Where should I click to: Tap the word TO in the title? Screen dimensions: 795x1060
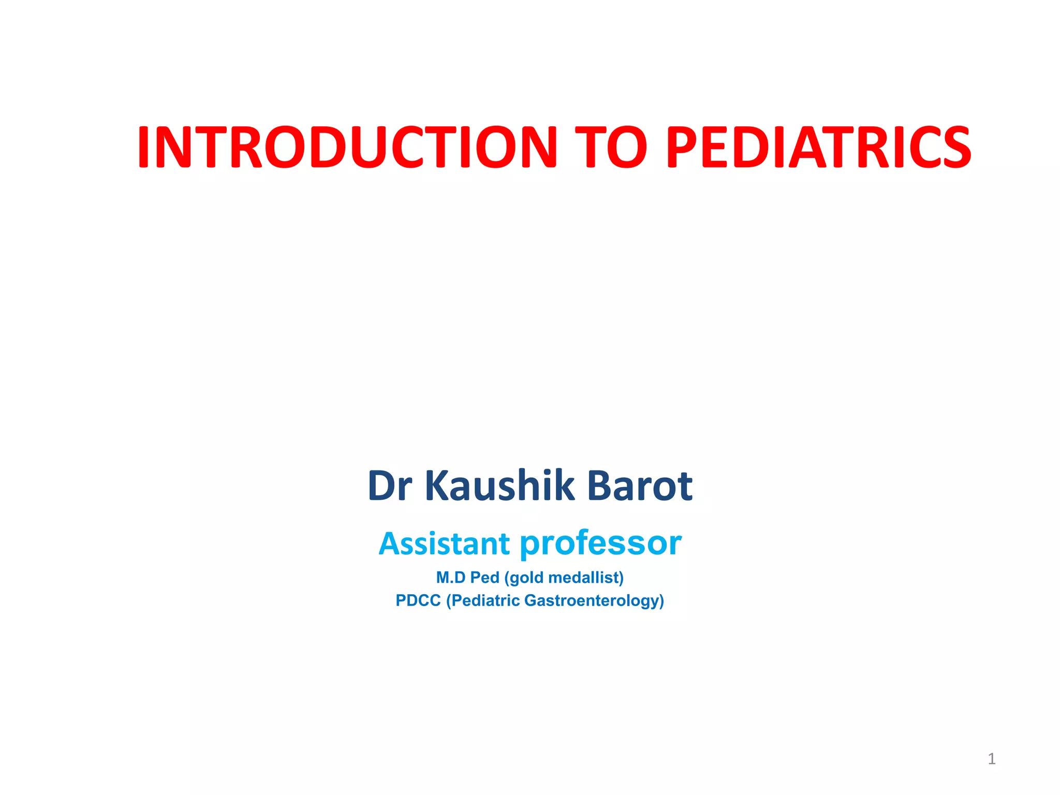click(611, 148)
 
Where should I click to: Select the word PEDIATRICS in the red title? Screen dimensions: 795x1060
click(818, 148)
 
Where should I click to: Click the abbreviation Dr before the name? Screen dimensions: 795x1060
click(390, 486)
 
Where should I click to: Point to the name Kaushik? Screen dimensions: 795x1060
click(499, 486)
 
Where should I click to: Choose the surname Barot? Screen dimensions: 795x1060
click(640, 486)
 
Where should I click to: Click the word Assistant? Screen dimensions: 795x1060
click(444, 544)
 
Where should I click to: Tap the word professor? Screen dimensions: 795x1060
click(600, 544)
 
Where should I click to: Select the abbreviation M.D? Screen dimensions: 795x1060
click(451, 578)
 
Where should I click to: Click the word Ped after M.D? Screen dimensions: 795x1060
click(484, 578)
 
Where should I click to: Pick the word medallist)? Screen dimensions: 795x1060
click(586, 578)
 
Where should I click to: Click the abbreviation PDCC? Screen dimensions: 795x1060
click(418, 601)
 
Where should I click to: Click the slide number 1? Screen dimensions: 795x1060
click(992, 759)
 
